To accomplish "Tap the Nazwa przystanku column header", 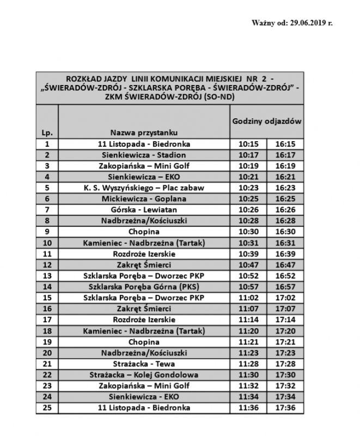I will [144, 132].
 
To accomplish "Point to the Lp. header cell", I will [47, 132].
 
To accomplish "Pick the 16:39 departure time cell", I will [285, 254].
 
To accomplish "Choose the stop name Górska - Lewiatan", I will [144, 210].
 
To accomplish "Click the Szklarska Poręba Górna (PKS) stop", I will [144, 287].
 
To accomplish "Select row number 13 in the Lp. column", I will [47, 276].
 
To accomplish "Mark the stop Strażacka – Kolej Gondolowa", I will [144, 375].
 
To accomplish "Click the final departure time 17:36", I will [285, 408].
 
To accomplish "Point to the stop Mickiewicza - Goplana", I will [144, 199].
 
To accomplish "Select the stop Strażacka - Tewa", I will [144, 364].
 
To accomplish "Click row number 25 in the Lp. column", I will [47, 408].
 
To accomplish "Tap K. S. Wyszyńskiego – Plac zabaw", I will [144, 188].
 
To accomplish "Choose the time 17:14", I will [285, 320].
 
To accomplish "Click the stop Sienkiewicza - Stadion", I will [144, 155].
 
